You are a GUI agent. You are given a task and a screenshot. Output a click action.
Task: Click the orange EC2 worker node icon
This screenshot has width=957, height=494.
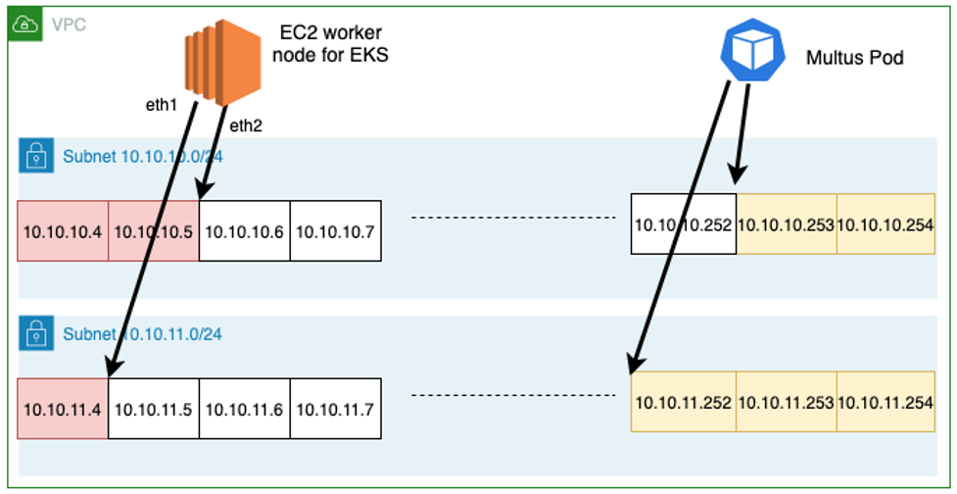(x=222, y=62)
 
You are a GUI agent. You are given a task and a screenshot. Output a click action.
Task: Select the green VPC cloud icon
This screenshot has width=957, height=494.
(x=25, y=25)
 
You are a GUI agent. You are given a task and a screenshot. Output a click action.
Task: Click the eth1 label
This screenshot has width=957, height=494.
(x=160, y=106)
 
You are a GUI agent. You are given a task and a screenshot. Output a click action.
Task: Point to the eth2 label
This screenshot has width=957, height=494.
(x=247, y=125)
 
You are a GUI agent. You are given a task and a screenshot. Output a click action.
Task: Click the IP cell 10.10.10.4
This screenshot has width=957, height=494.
(x=63, y=230)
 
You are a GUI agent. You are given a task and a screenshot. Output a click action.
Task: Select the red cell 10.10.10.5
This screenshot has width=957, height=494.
(x=153, y=230)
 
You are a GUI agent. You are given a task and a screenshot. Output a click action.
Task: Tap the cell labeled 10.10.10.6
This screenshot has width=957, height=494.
(x=245, y=230)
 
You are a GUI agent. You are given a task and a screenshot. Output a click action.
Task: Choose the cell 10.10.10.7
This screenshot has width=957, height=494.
(x=336, y=230)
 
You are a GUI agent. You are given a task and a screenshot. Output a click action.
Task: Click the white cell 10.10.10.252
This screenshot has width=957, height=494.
(x=684, y=224)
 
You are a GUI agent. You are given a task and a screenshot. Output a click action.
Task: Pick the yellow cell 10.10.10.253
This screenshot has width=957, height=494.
(x=787, y=224)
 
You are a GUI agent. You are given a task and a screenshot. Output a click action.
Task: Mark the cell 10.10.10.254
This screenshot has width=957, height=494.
(x=885, y=224)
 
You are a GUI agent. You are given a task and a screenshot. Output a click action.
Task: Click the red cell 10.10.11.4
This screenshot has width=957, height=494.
(x=63, y=409)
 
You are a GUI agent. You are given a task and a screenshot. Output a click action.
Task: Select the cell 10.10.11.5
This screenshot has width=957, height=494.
(x=154, y=409)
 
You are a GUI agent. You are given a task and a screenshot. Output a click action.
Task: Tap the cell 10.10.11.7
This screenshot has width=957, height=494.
(x=336, y=409)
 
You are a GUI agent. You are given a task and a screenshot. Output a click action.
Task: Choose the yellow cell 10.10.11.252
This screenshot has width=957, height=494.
(x=684, y=402)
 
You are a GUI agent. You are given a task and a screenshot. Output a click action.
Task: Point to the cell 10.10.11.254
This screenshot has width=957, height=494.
(x=885, y=402)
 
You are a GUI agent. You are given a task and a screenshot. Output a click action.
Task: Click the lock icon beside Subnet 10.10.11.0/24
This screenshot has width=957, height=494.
(x=36, y=333)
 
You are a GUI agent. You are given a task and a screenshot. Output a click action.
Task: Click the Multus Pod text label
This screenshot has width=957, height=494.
(x=854, y=58)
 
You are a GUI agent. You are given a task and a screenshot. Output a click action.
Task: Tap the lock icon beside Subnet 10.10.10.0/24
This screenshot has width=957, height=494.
(x=36, y=156)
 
